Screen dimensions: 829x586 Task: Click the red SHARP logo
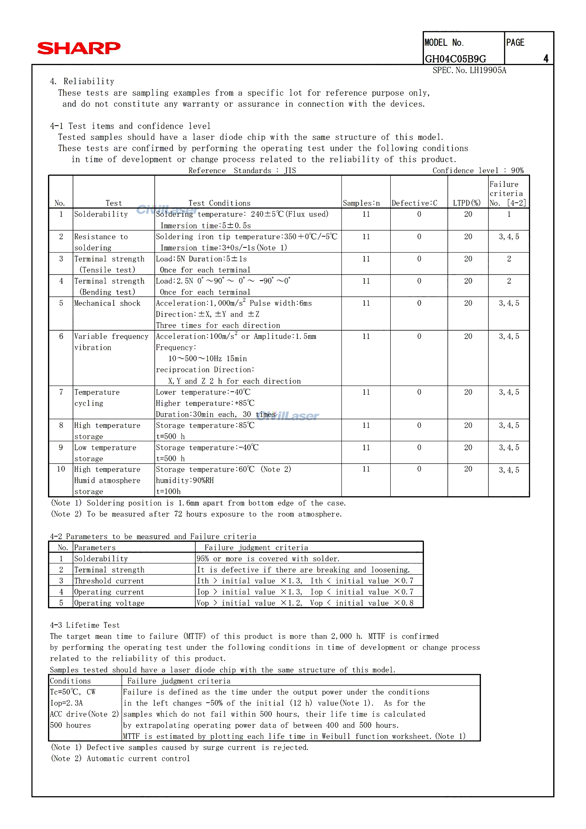click(x=79, y=48)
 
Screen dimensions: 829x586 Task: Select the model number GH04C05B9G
click(x=455, y=59)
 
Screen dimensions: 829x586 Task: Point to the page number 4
click(x=546, y=59)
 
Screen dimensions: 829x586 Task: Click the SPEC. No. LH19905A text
click(x=469, y=70)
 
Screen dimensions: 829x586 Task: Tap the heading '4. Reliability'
click(x=82, y=81)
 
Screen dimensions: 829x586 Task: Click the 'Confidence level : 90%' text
click(x=478, y=171)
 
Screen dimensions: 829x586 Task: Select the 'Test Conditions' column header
click(x=219, y=203)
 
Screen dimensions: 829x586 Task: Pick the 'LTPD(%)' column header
click(x=467, y=203)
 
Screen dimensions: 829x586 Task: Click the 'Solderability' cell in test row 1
click(x=101, y=214)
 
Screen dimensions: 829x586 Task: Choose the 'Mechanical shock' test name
click(x=107, y=303)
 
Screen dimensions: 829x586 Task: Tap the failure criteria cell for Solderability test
click(x=509, y=214)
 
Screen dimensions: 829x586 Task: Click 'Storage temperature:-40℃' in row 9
click(x=207, y=447)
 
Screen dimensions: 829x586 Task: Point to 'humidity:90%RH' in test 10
click(x=185, y=480)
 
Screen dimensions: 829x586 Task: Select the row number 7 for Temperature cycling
click(x=61, y=392)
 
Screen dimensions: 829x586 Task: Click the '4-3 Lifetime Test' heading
click(x=85, y=625)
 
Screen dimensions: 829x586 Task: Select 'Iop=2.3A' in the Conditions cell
click(x=66, y=703)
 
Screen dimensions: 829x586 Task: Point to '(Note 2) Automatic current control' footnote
click(x=120, y=758)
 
